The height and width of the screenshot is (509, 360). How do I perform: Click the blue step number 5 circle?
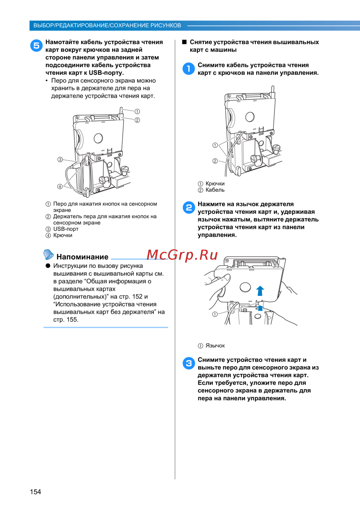(x=36, y=45)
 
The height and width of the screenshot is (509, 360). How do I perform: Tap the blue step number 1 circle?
(x=189, y=69)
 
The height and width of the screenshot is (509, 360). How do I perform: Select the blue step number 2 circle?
(x=189, y=207)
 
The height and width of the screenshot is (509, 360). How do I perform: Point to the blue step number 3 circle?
(x=189, y=363)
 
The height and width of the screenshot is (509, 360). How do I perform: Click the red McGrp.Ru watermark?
(x=182, y=255)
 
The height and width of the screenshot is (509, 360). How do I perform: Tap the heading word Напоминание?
(x=82, y=257)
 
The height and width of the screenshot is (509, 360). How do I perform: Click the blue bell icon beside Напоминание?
(x=48, y=254)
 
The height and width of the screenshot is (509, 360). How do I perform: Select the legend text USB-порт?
(x=66, y=229)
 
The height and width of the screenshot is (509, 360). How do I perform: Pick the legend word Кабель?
(x=215, y=190)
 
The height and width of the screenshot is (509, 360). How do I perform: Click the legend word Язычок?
(x=215, y=345)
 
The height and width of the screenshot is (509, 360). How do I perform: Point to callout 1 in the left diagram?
(x=137, y=112)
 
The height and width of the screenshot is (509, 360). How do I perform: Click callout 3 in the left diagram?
(x=60, y=160)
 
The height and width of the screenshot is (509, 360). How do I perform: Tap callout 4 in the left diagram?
(x=60, y=187)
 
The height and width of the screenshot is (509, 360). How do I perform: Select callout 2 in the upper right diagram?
(x=215, y=161)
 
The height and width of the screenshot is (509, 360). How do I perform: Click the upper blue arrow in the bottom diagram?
(x=260, y=291)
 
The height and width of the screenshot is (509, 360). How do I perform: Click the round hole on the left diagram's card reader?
(x=98, y=138)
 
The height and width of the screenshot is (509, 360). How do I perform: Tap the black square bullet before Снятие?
(x=184, y=42)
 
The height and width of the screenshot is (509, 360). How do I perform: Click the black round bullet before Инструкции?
(x=48, y=266)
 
